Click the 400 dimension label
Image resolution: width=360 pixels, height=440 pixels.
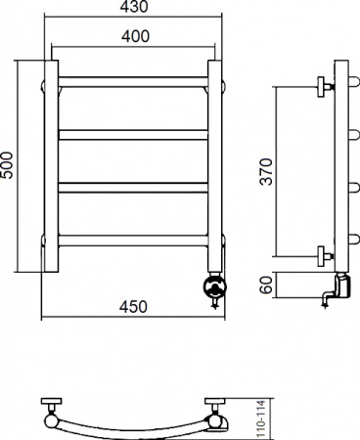[135, 36]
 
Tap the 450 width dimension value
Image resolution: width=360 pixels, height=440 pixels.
[133, 307]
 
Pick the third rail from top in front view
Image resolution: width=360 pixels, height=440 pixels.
[134, 187]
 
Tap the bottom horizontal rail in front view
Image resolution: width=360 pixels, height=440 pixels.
[134, 240]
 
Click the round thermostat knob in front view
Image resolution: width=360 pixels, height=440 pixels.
[214, 287]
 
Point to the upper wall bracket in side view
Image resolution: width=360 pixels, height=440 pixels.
[324, 86]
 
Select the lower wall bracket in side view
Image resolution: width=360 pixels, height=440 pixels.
[324, 256]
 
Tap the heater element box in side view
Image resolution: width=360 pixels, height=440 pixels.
[341, 286]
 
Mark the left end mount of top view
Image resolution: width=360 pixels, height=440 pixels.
[49, 413]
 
